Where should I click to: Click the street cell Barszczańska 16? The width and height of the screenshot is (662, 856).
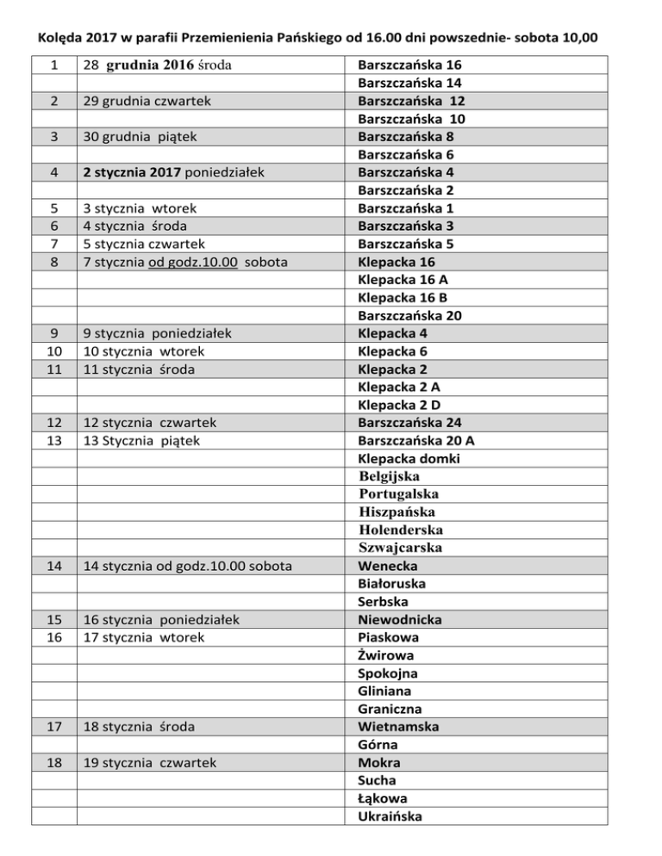409,65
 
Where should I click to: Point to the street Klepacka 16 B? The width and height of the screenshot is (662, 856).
402,298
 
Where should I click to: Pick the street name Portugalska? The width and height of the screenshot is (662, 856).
399,494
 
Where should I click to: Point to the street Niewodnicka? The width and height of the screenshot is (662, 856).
400,619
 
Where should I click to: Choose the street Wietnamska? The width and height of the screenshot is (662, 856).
398,727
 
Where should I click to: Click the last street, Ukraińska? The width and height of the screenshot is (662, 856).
390,816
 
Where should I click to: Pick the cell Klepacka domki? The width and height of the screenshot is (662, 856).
409,459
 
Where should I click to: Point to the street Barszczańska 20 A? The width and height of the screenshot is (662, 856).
416,441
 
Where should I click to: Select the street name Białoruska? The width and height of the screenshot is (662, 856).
393,584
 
